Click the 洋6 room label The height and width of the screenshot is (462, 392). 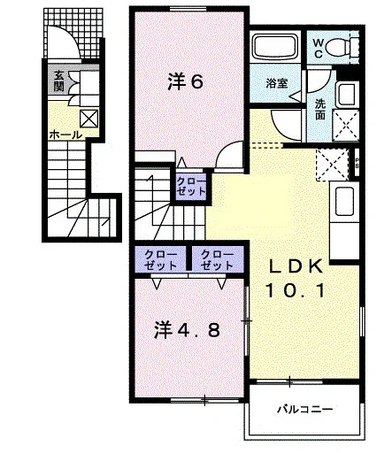(186, 81)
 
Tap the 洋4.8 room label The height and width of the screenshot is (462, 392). (187, 330)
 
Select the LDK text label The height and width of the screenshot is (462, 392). (296, 266)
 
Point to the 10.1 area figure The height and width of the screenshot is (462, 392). (296, 289)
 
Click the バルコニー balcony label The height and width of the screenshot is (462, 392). (304, 409)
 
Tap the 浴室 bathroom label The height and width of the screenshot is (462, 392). (277, 83)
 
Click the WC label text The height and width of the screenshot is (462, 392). (318, 49)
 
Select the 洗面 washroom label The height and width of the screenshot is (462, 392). (320, 110)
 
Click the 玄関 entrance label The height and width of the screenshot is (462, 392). (58, 81)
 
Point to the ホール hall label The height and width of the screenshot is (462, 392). (65, 135)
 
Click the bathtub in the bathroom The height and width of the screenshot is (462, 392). (275, 47)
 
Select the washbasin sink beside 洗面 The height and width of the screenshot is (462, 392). (347, 95)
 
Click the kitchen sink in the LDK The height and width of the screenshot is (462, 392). (344, 201)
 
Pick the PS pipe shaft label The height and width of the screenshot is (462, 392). (357, 163)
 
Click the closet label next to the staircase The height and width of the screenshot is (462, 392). (191, 187)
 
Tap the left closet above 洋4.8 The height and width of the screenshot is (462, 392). (160, 260)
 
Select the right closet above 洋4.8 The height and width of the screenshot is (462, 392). (217, 260)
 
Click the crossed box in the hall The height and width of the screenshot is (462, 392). (88, 119)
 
